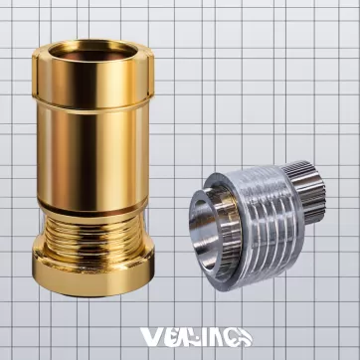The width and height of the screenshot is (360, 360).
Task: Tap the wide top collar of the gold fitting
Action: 94,74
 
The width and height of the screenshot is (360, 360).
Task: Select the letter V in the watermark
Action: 151,336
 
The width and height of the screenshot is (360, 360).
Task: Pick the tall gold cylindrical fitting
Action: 94,159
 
